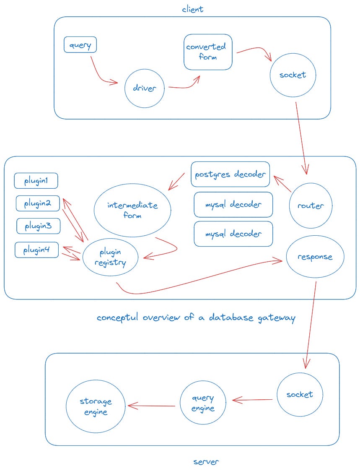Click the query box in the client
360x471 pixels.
coord(80,45)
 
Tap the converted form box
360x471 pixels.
coord(208,52)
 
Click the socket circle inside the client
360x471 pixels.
coord(293,75)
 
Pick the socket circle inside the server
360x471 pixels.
coord(300,395)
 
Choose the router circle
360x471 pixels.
coord(310,206)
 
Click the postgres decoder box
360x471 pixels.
coord(231,174)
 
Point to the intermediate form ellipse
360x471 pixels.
coord(132,210)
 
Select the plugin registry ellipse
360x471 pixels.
coord(111,258)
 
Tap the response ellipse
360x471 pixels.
coord(315,257)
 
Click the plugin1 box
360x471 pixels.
coord(36,181)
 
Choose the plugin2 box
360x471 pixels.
coord(38,203)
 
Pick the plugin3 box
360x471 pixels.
coord(38,226)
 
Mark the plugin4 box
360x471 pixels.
coord(37,250)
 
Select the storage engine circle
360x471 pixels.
coord(96,406)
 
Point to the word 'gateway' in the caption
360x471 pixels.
coord(273,317)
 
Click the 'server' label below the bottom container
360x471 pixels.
coord(206,462)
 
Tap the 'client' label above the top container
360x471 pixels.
coord(192,8)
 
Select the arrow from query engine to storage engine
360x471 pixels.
coord(152,406)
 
